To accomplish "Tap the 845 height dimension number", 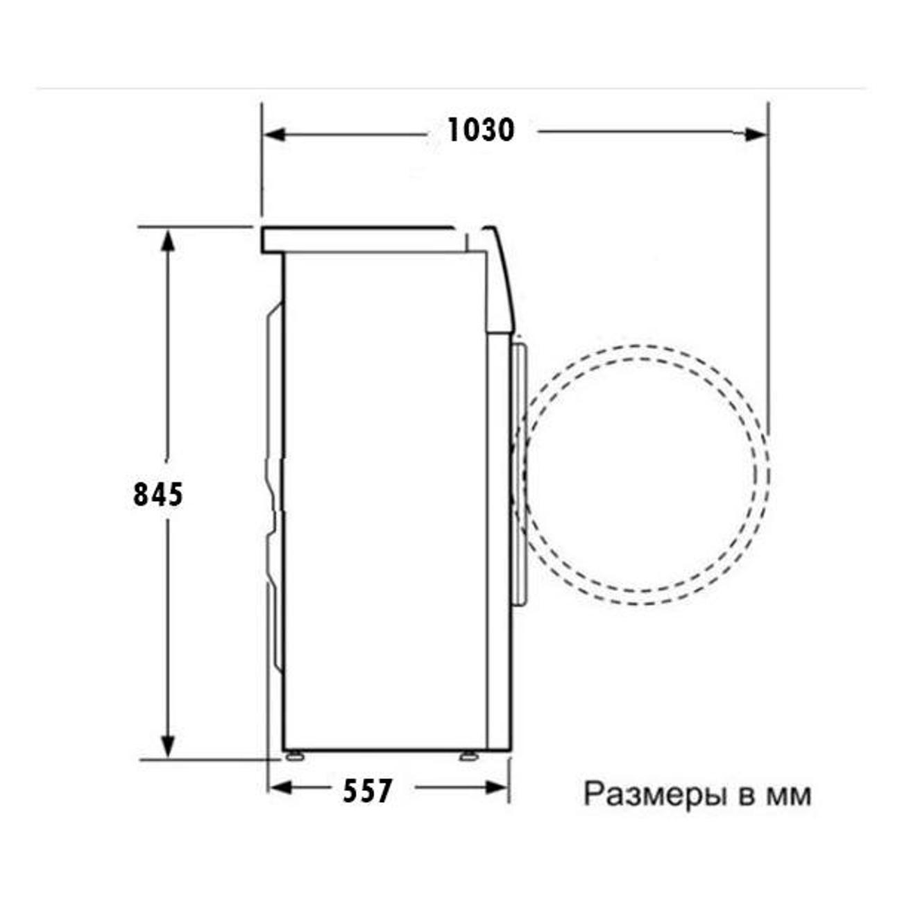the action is pos(158,494).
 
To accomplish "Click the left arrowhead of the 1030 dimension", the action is pos(275,135).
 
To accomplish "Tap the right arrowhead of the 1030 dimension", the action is pos(755,135).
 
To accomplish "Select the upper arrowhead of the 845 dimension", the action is pos(168,239).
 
